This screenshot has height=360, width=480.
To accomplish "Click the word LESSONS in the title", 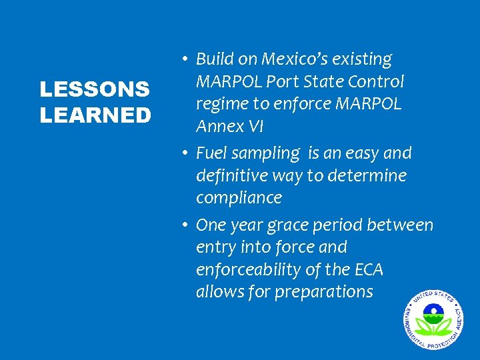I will coord(95,89).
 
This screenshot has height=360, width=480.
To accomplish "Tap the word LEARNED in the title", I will coord(95,115).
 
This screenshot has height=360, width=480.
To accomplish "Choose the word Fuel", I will coord(213,153).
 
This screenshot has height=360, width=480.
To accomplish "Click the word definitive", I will coord(239,176).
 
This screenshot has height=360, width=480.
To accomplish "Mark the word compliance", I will coord(239,198).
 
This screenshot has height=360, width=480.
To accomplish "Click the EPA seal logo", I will coord(432,318).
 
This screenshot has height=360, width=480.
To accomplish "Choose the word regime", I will coord(222,104).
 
